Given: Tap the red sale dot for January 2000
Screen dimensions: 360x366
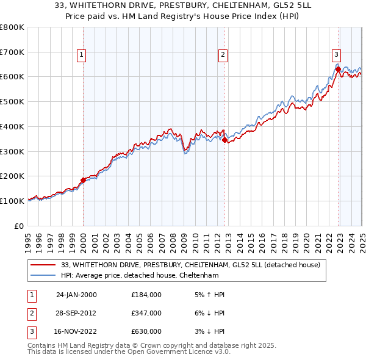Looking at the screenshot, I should pyautogui.click(x=83, y=180).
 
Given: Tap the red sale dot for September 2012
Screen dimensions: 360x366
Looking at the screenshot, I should pyautogui.click(x=225, y=140).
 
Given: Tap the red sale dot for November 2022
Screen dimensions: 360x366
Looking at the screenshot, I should pyautogui.click(x=338, y=70).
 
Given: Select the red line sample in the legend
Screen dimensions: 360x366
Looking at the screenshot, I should pyautogui.click(x=43, y=265).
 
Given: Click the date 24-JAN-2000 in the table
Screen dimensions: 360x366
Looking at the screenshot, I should pyautogui.click(x=76, y=295).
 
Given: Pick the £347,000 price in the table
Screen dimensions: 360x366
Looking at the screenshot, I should pyautogui.click(x=146, y=313).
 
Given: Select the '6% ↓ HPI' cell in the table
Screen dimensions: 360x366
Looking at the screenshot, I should pyautogui.click(x=207, y=313).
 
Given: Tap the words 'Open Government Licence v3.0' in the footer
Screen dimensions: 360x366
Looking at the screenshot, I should pyautogui.click(x=178, y=352).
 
